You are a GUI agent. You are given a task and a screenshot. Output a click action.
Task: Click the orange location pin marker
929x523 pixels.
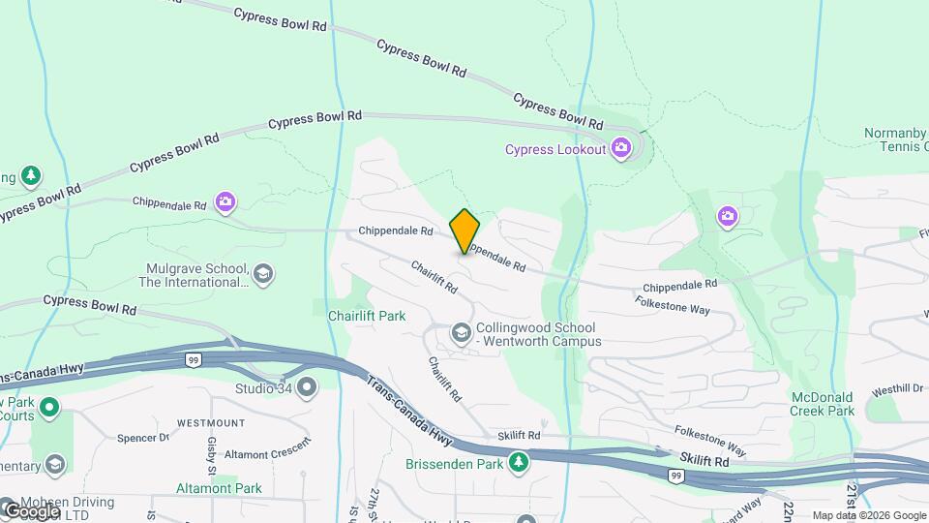click(x=464, y=231)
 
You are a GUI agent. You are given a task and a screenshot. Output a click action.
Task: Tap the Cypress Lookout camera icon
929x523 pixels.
click(x=621, y=149)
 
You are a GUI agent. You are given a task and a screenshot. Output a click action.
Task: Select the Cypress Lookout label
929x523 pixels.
click(x=555, y=149)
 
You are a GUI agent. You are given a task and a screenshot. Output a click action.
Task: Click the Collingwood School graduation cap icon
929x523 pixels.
click(x=461, y=334)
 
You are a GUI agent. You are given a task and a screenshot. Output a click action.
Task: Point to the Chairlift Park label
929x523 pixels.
click(x=367, y=316)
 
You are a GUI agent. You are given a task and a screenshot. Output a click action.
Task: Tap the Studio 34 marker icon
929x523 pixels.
click(x=308, y=389)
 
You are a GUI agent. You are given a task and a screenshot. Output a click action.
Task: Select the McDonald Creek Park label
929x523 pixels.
click(x=823, y=404)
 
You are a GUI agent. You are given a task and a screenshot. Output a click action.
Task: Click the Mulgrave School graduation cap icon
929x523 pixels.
click(x=262, y=275)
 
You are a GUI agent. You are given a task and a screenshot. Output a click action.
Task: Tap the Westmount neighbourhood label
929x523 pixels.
click(x=210, y=423)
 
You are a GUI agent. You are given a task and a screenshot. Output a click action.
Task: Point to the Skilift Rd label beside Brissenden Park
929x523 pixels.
click(x=521, y=437)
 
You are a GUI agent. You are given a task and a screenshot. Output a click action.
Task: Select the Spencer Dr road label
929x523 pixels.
click(x=143, y=438)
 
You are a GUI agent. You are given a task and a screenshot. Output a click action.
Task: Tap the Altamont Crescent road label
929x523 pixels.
click(x=268, y=448)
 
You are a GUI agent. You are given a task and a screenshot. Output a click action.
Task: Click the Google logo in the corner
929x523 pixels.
click(x=31, y=510)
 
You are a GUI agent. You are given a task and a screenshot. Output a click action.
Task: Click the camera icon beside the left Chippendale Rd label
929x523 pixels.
click(x=225, y=201)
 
